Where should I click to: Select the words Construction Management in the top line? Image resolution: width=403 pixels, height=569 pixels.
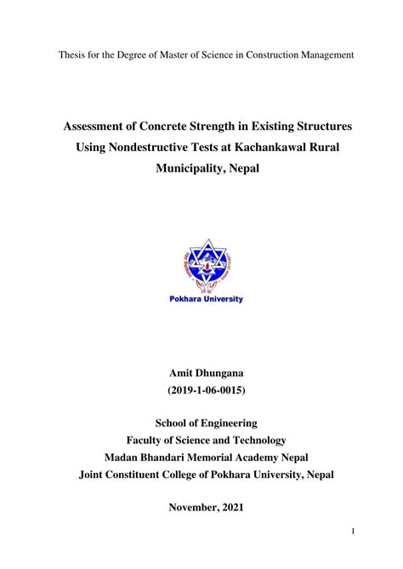(299, 55)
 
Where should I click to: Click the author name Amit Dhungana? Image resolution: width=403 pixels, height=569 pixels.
(201, 375)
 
